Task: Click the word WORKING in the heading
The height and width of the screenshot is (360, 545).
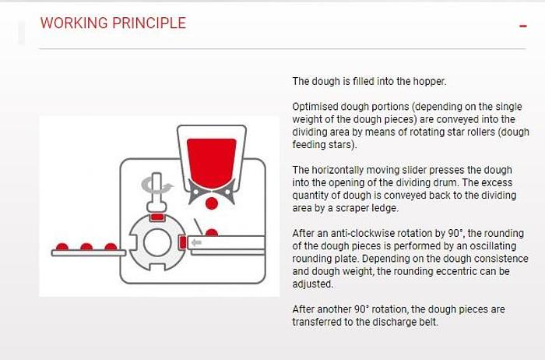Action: (x=74, y=23)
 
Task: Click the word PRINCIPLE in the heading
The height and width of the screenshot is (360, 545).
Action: (x=149, y=23)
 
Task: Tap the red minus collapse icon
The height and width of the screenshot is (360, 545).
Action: (x=523, y=26)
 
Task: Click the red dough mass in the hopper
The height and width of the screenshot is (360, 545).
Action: (x=211, y=162)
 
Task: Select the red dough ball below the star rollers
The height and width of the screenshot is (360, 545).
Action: (x=212, y=203)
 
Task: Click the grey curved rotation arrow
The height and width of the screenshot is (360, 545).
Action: (x=157, y=185)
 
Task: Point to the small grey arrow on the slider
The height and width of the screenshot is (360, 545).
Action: (x=197, y=242)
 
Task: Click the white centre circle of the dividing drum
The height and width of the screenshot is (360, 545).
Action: (x=157, y=242)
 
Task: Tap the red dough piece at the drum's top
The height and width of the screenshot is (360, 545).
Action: (x=157, y=217)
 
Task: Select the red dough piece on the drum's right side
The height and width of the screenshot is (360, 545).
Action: (x=183, y=242)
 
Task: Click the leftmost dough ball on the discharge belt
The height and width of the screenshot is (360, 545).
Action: (x=62, y=246)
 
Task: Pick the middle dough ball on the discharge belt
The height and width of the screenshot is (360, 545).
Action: (x=86, y=246)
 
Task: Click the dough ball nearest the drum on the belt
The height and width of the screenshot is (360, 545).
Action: (x=111, y=246)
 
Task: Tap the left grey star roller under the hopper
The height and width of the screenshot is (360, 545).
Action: (x=195, y=192)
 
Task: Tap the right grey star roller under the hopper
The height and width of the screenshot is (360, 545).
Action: (x=227, y=192)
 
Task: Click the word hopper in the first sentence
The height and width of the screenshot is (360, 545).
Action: (x=429, y=81)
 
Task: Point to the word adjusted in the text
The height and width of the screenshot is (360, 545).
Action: (x=312, y=284)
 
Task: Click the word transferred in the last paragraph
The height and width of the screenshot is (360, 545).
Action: (x=317, y=322)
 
